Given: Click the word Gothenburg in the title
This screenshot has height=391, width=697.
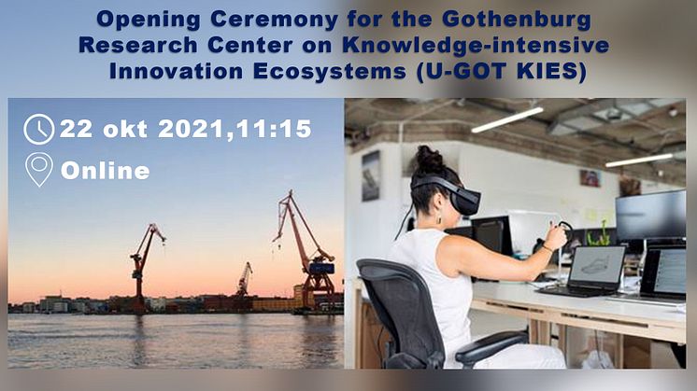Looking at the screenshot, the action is point(517,20).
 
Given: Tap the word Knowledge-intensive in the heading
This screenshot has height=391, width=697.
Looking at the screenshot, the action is point(476,46).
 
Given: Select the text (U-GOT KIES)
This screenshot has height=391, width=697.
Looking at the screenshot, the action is point(503,72).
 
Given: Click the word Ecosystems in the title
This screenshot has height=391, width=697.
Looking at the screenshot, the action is point(331,72).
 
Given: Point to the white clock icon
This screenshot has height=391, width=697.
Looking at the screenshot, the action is point(38,129).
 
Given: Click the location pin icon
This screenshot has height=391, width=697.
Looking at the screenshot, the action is point(39,170).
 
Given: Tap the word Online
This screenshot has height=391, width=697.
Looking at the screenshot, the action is point(105,171).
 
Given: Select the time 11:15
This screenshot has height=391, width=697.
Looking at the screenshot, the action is point(274,129).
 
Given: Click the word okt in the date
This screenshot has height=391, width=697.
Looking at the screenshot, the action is point(125,129).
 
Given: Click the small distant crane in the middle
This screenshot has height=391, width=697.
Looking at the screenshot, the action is point(244,279).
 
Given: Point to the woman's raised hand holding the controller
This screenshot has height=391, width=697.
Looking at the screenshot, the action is point(557,236).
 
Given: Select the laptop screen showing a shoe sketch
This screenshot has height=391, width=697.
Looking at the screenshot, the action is point(596,265).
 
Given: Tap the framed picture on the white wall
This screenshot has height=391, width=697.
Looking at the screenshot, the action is point(371,175).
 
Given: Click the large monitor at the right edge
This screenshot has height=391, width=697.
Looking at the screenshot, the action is point(651,216).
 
